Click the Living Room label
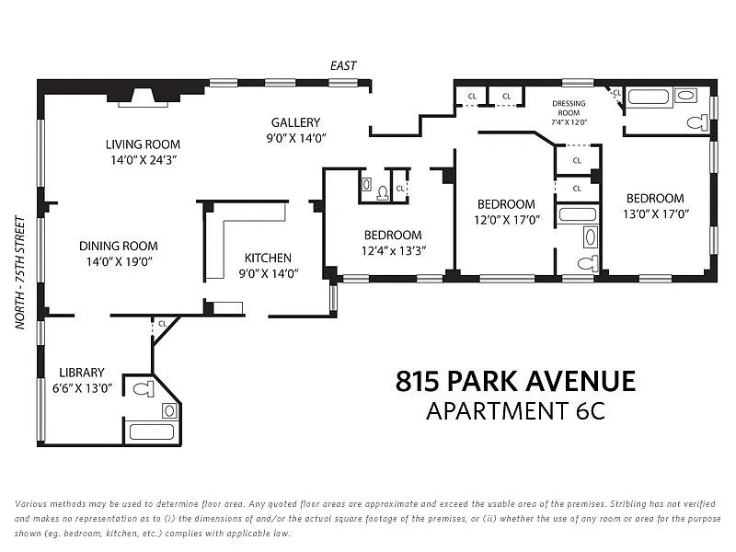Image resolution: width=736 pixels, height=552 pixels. pos(143,144)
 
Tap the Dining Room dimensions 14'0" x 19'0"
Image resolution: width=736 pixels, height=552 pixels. pos(120,261)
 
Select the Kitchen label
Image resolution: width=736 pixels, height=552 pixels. pos(268,258)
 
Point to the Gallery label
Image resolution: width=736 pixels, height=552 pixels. pos(295,122)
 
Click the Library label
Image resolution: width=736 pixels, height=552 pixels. pos(82,373)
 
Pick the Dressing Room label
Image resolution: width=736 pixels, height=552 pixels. pos(569,108)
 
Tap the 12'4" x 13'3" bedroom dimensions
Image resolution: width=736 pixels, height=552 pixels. pos(394,250)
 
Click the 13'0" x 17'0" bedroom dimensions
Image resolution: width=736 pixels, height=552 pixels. pos(656,214)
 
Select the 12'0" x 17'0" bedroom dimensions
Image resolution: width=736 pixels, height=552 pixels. pos(507,220)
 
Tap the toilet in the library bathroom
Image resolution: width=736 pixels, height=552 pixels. pos(144,389)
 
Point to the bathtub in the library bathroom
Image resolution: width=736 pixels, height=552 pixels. pos(152,431)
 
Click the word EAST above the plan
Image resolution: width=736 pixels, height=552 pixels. pos(343,65)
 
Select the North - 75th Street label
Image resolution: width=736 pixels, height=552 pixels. pos(19,272)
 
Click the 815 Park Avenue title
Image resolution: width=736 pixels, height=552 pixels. pos(515,381)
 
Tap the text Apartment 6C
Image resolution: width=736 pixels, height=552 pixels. pos(515,411)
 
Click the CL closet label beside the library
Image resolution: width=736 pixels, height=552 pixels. pos(163,324)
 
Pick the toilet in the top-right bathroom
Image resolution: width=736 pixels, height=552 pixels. pos(698,123)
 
